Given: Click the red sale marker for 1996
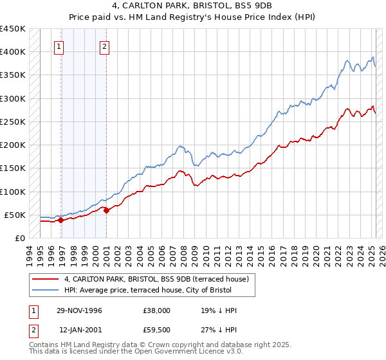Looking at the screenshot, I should click(x=61, y=220).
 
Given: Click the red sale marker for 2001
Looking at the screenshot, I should click(x=106, y=210).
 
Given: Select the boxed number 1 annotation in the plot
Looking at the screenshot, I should click(x=59, y=46).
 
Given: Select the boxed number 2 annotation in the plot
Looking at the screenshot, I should click(x=104, y=46).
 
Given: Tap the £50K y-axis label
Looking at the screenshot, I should click(x=15, y=215).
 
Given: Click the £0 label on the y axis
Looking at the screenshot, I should click(x=20, y=238).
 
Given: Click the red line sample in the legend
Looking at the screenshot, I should click(x=45, y=279).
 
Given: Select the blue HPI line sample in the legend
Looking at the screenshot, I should click(x=45, y=290).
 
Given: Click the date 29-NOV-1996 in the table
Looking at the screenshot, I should click(x=79, y=310).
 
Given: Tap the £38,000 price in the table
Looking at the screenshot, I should click(x=157, y=310).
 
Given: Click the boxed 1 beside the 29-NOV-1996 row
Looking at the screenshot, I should click(x=33, y=310).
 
